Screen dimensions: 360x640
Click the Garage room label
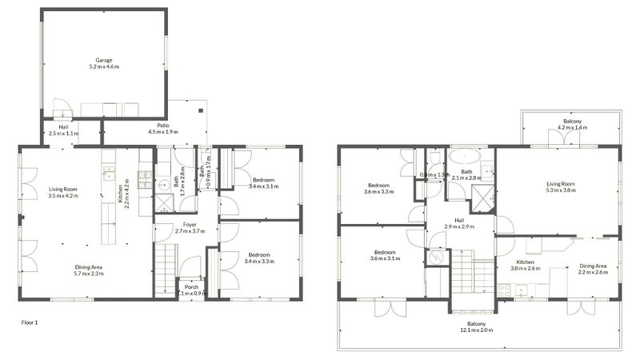(x=103, y=63)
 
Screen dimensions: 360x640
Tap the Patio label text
(x=162, y=129)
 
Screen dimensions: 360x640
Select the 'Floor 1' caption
(x=30, y=322)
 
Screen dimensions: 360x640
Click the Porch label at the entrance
(x=192, y=290)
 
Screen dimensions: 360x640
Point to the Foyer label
(x=190, y=228)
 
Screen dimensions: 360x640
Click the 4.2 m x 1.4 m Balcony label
(x=572, y=124)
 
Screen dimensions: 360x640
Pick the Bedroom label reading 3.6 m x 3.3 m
(x=378, y=188)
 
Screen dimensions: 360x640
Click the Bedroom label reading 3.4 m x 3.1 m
(x=263, y=183)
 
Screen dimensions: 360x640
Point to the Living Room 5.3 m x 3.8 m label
(x=559, y=186)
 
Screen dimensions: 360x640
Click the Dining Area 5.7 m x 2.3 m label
(x=87, y=270)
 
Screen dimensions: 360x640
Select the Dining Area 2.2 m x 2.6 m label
(x=593, y=269)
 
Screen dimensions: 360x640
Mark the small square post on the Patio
(x=201, y=111)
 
